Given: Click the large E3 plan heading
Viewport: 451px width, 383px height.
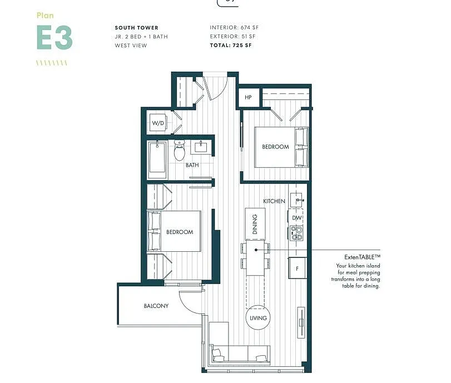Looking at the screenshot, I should tap(54, 38).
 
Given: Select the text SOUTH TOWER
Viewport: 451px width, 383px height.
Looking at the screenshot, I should tap(136, 28).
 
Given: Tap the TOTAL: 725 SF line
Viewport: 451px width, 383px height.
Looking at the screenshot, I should tap(230, 46).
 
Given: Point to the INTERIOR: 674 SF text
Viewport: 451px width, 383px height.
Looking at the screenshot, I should tap(234, 28).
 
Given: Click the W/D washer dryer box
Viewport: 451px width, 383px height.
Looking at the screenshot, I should tap(158, 123).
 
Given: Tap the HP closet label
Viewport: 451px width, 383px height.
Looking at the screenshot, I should tap(248, 97).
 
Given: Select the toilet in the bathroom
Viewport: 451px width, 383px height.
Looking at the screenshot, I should tap(179, 150).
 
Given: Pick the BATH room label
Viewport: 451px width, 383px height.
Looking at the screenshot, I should tap(192, 165).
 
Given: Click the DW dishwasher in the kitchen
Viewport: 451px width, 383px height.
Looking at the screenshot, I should tap(296, 218).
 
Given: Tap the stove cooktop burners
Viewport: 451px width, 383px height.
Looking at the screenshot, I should tap(296, 233).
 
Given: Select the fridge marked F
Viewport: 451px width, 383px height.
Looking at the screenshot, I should tap(297, 268).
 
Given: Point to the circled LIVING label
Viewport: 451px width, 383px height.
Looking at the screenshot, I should tap(258, 318).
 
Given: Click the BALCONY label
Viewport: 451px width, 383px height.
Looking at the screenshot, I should tap(156, 306).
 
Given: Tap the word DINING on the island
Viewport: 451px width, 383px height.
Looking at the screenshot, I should tap(255, 224).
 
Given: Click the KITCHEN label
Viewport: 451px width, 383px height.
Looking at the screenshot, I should tap(274, 201).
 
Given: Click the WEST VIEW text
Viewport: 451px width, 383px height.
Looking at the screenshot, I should tap(131, 46).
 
